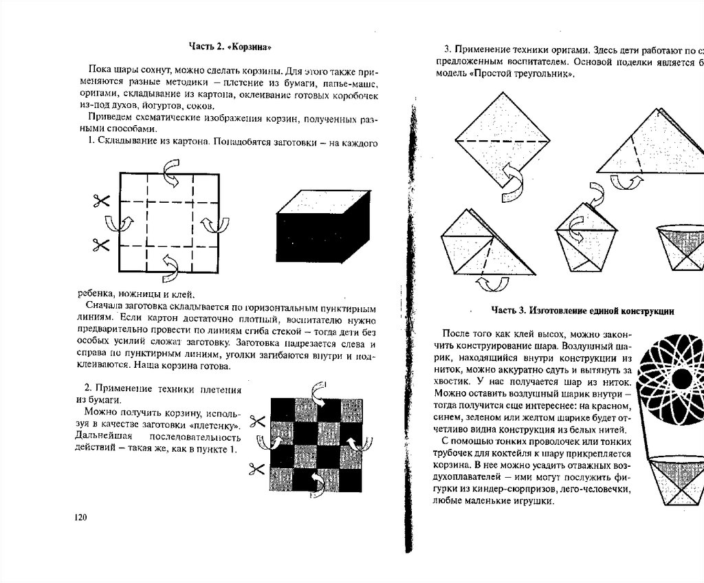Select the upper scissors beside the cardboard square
tap(100, 201)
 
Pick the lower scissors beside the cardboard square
tap(100, 243)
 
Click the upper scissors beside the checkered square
tap(257, 420)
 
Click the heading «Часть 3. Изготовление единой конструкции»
tap(581, 311)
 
